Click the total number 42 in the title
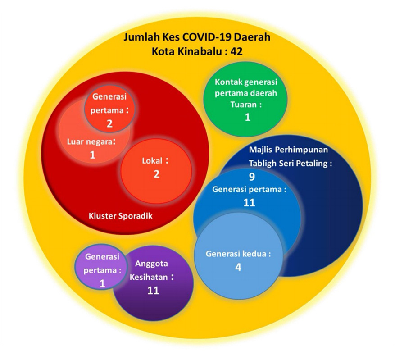[236, 51]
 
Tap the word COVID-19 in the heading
[204, 37]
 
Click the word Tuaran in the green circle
[244, 105]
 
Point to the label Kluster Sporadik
[120, 216]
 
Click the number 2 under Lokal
[156, 174]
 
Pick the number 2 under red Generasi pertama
[109, 123]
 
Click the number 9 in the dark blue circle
[252, 177]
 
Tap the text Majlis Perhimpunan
[290, 150]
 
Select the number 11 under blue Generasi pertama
[249, 202]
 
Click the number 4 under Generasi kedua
[238, 267]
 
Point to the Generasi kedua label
[238, 254]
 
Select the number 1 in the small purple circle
[102, 284]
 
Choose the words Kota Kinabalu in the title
[178, 51]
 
